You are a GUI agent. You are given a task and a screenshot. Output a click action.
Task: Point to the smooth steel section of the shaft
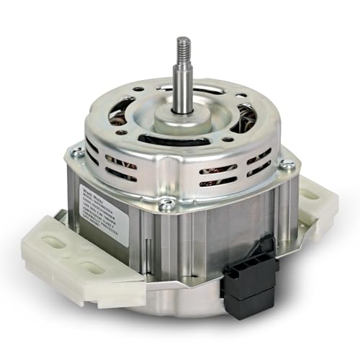point(184,90)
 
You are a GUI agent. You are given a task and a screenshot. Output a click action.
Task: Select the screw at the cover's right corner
point(287,164)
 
